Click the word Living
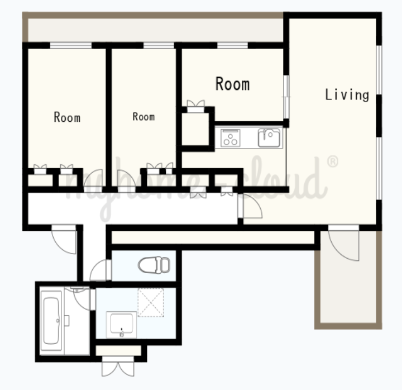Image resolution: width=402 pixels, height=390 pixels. pos(347,95)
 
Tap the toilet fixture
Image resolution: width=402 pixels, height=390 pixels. pos(154,265)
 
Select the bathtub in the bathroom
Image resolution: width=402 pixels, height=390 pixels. pos(51,321)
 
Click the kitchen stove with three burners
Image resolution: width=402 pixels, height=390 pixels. pos(230,138)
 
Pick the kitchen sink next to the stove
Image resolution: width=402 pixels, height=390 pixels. pos(269,137)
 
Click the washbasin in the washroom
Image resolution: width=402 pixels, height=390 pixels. pos(121,325)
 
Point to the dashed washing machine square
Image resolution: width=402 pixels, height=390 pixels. pos(151,302)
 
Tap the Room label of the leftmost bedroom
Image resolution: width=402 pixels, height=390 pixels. pos(67,117)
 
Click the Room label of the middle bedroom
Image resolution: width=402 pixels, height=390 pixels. pos(143,117)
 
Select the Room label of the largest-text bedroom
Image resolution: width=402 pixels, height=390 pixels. pos(232,84)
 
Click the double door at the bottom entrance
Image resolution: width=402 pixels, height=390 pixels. pos(118,366)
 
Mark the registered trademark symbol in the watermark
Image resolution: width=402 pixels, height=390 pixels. pos(333,162)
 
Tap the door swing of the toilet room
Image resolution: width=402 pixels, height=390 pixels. pos(98,270)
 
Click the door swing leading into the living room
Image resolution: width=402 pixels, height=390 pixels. pos(252,206)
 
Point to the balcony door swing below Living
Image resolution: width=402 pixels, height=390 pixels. pos(343,245)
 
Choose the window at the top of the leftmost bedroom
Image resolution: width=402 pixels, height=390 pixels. pos(70,45)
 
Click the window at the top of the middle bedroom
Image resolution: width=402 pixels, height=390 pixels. pos(159,45)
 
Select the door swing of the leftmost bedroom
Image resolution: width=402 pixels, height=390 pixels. pos(93,178)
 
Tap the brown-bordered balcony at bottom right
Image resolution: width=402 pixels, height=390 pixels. pos(348,280)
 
